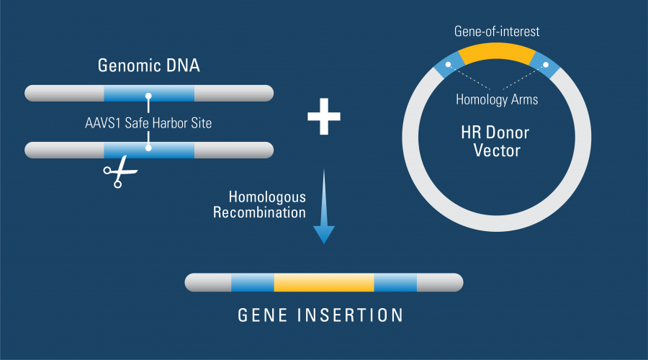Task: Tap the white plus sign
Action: [324, 117]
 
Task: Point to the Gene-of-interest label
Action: [496, 32]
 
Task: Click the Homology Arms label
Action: [497, 99]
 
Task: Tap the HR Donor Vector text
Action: [497, 141]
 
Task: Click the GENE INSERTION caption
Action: [321, 315]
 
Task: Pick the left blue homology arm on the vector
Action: [446, 65]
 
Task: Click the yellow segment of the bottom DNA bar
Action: [324, 282]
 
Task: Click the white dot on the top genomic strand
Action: [149, 94]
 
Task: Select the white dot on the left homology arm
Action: [448, 66]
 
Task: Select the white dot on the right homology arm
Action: [546, 66]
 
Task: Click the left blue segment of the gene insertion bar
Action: [252, 282]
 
